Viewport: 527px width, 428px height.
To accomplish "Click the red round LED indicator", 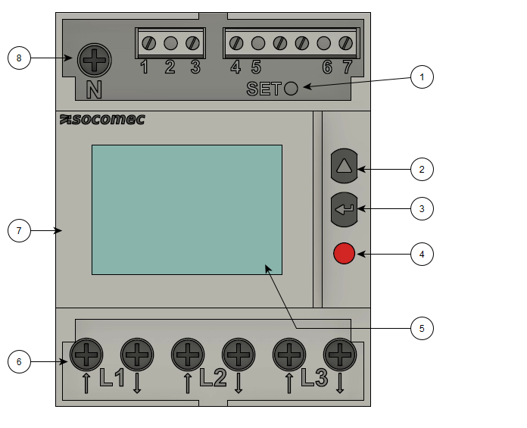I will pos(345,253).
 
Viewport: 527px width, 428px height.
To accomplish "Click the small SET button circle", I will pos(292,89).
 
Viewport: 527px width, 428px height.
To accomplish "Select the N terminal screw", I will pos(94,57).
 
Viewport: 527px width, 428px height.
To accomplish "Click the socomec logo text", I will pos(101,120).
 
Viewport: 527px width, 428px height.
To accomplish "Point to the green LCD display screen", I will pos(186,209).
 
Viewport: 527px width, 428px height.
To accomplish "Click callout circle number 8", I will pos(19,58).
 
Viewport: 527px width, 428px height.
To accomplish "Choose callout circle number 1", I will pos(423,77).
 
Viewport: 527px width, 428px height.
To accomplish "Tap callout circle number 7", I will pos(19,231).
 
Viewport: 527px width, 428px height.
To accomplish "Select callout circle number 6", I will pos(19,362).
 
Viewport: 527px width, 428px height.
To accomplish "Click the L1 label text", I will pos(112,378).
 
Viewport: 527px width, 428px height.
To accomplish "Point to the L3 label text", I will pos(314,378).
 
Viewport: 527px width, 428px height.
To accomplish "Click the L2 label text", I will pos(213,378).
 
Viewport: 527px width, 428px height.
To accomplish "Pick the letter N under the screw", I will pos(93,89).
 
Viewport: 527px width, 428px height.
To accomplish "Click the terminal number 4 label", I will pos(235,67).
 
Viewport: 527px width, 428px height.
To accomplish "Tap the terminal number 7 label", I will pos(348,67).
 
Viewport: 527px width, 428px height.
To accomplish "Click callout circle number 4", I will pos(423,254).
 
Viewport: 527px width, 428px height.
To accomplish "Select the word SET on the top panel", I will pos(263,89).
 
